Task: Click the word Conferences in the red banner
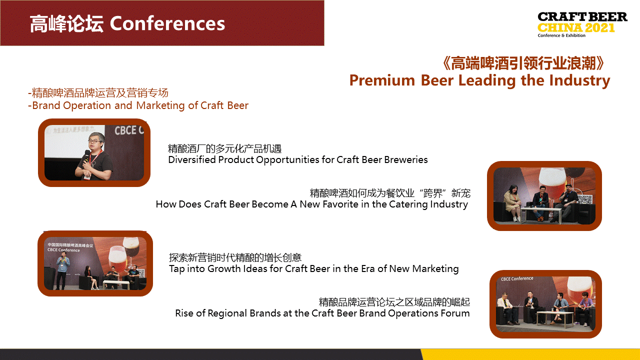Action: point(167,23)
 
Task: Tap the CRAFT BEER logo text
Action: point(582,17)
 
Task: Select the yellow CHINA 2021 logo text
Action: point(576,27)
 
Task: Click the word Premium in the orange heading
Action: point(382,80)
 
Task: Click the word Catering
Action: point(408,204)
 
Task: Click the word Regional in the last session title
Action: point(227,313)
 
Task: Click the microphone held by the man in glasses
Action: point(85,159)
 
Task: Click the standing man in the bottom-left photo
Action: point(62,271)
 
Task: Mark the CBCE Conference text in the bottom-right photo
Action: point(517,278)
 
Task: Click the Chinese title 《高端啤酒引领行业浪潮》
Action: point(523,63)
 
